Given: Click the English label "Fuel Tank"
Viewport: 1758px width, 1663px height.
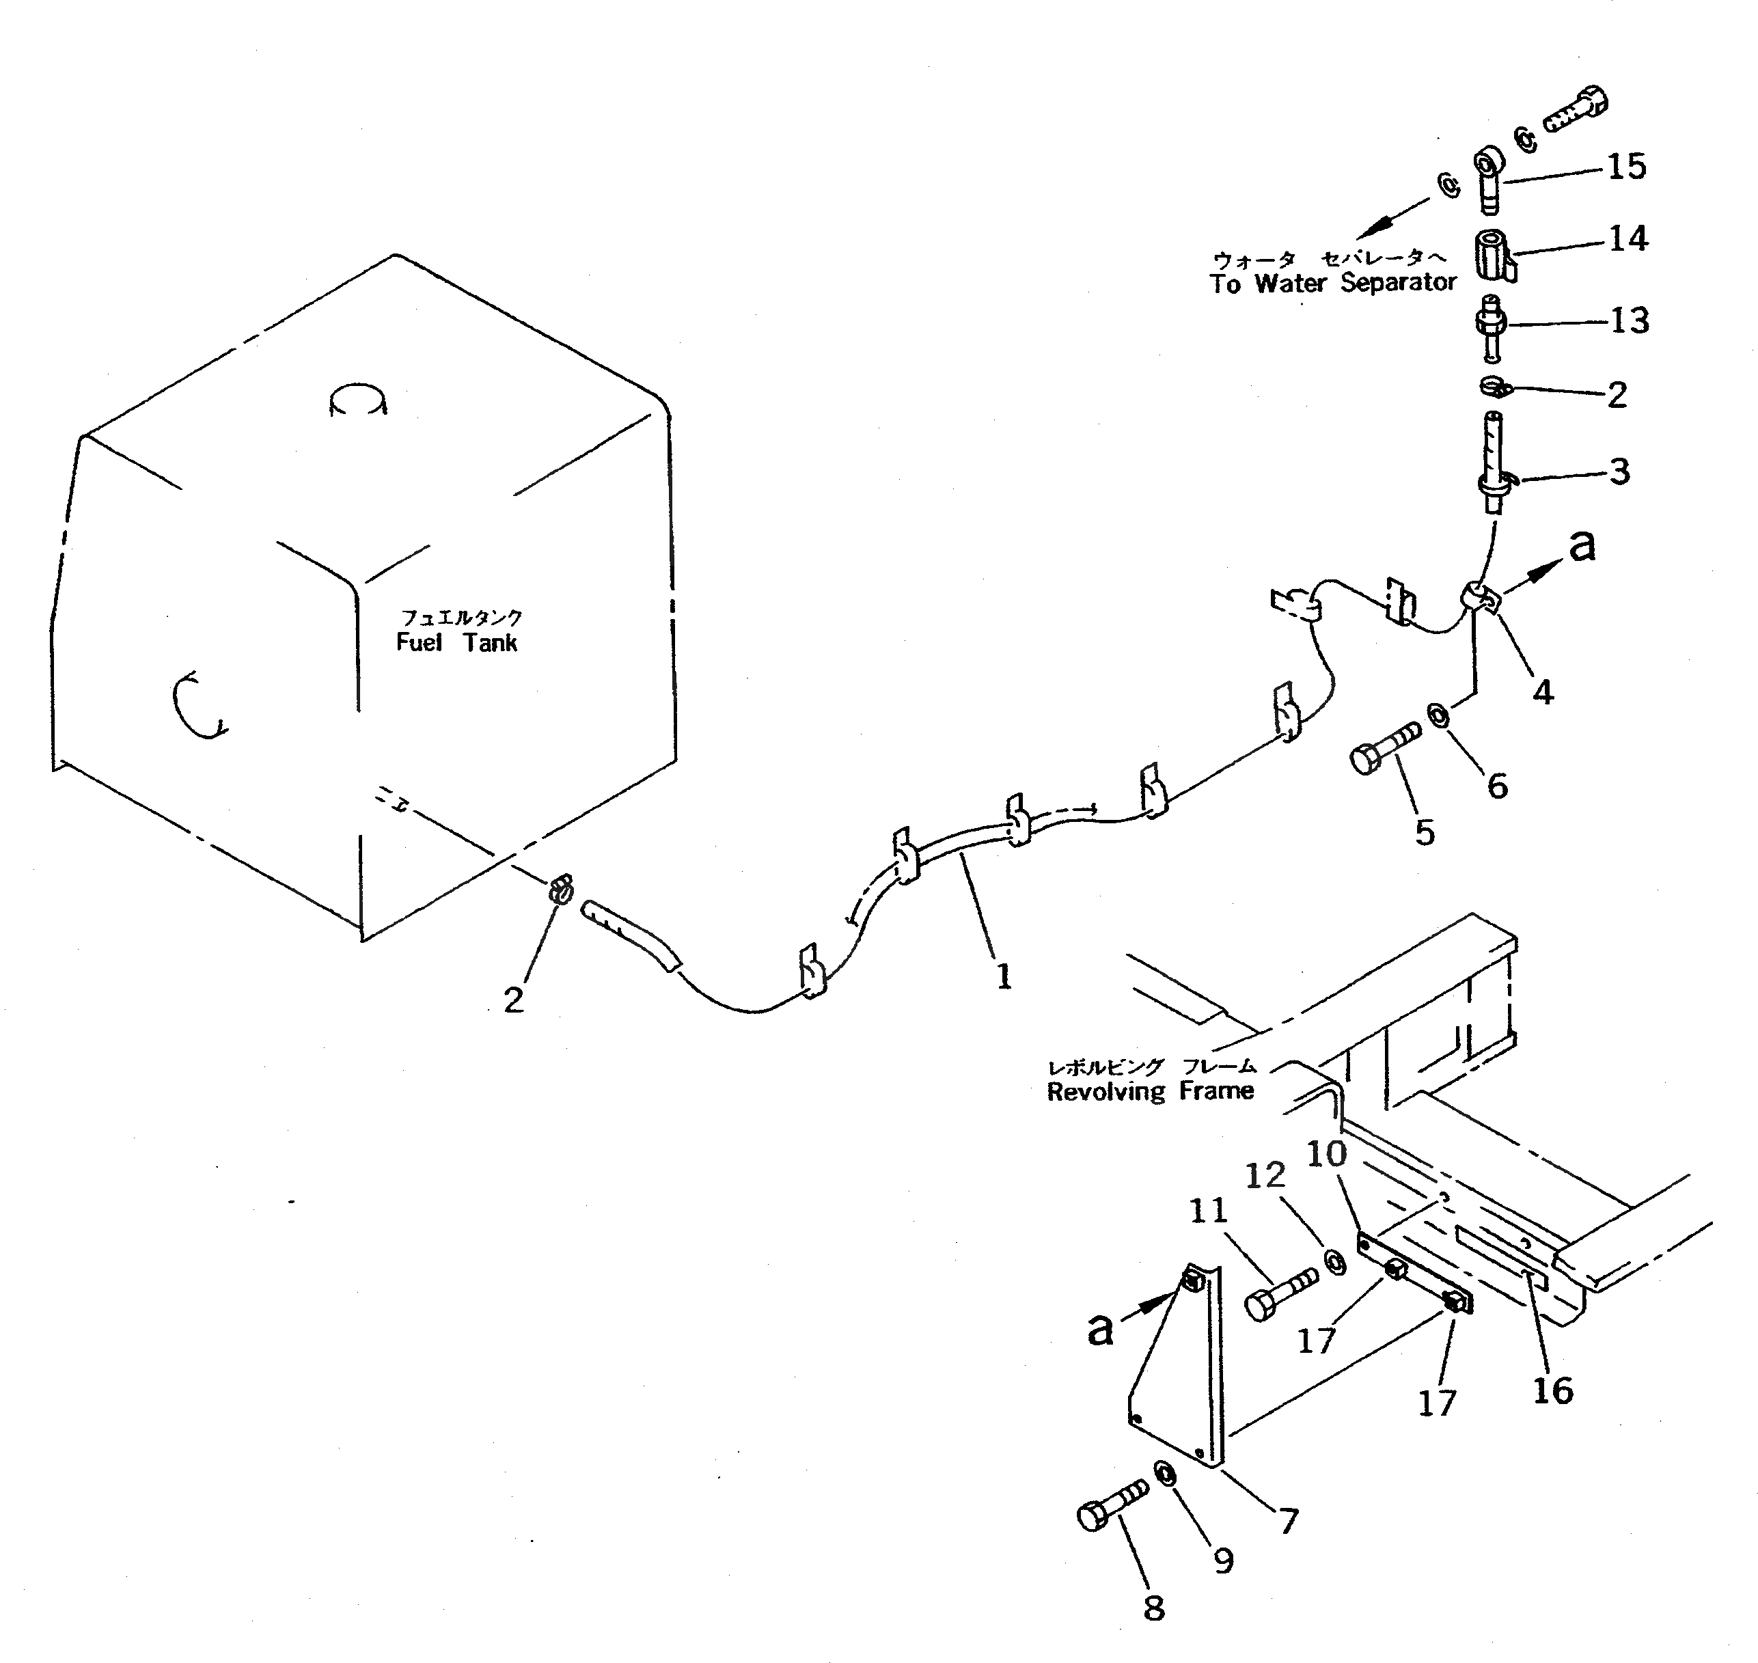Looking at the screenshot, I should tap(456, 643).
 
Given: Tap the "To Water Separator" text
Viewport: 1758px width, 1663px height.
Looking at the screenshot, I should tap(1332, 284).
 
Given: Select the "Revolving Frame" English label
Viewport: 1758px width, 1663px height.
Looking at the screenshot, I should tap(1150, 1091).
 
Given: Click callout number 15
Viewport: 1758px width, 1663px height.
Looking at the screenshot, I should tap(1627, 167).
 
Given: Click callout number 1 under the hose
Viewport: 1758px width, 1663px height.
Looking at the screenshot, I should tap(1004, 977).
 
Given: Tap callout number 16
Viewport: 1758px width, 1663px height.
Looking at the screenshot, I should tap(1552, 1391).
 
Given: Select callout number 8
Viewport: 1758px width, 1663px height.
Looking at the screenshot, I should tap(1153, 1607).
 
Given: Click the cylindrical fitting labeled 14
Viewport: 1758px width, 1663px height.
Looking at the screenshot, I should tap(1495, 256).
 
